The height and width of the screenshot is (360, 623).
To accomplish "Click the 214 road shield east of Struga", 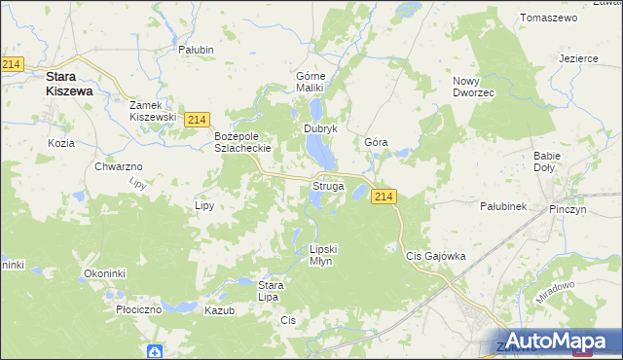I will (384, 197).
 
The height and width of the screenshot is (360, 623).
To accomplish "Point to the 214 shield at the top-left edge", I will (12, 64).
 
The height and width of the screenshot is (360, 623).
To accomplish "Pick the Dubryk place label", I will (320, 128).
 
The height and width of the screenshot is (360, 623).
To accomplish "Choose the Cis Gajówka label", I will (435, 256).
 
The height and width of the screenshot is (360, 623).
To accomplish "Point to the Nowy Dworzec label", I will (474, 86).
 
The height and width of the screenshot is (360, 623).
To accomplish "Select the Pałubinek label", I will (503, 206).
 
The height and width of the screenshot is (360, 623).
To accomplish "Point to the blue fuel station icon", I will (154, 350).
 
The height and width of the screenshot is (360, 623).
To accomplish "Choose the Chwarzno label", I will (120, 166).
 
